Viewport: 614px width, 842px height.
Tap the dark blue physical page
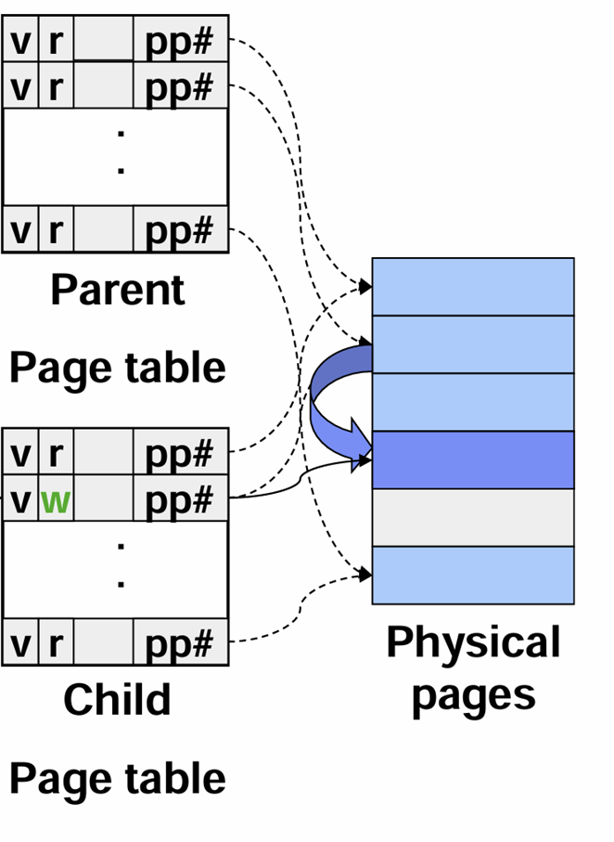point(473,460)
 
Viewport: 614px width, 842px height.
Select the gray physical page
point(473,517)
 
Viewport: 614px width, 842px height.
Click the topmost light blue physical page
point(473,287)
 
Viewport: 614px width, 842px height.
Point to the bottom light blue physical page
point(473,575)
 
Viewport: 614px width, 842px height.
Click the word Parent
point(117,290)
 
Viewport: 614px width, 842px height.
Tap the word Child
point(117,699)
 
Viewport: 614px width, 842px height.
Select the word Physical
point(473,642)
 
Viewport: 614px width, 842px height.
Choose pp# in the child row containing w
point(179,501)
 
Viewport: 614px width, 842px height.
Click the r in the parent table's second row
point(55,88)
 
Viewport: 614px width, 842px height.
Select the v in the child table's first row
point(20,454)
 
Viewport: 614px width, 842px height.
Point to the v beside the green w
point(20,502)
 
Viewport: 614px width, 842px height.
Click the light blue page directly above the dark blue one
point(473,402)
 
